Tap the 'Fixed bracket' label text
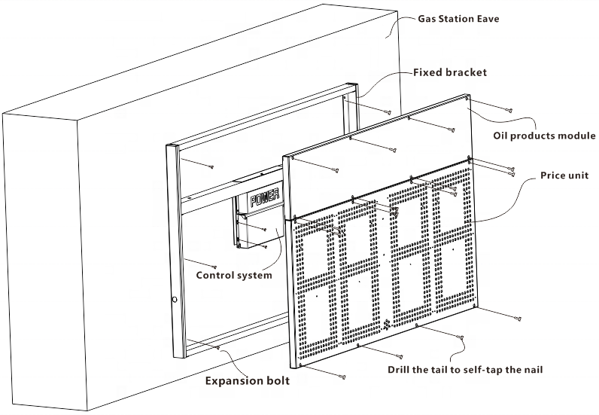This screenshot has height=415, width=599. (x=450, y=73)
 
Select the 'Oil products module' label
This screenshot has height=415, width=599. (x=544, y=136)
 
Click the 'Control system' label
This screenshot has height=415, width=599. (x=233, y=276)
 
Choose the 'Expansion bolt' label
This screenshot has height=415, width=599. (x=248, y=381)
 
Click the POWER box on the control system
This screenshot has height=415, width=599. (x=265, y=199)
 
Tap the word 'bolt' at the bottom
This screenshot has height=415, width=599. (x=275, y=381)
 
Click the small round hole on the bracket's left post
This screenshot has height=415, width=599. (x=175, y=300)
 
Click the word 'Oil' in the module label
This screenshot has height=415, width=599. (x=501, y=136)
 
